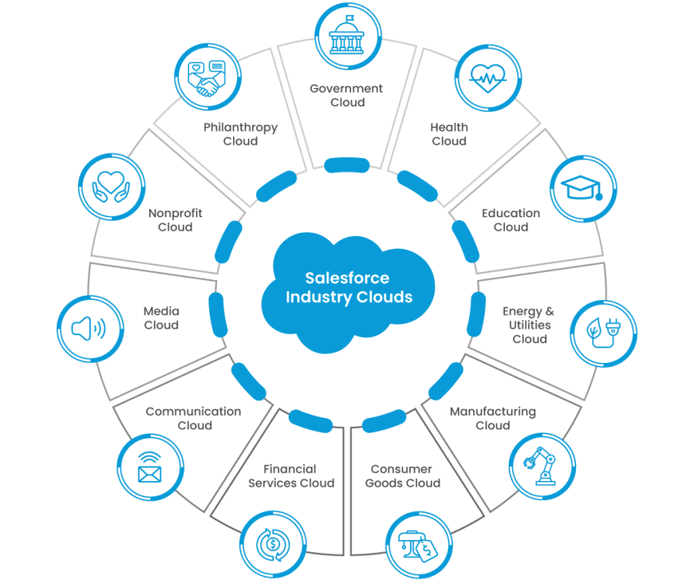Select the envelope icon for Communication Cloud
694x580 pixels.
[150, 467]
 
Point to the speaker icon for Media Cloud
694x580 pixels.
[89, 330]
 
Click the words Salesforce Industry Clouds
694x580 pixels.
[348, 288]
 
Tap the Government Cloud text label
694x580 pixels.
[347, 96]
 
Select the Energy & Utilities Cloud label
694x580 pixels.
[529, 325]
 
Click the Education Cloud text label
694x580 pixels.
[511, 220]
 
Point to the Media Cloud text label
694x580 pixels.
[161, 317]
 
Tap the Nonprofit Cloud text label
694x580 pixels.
[176, 220]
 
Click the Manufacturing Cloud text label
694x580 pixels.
[493, 419]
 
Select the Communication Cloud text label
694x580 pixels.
[194, 419]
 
